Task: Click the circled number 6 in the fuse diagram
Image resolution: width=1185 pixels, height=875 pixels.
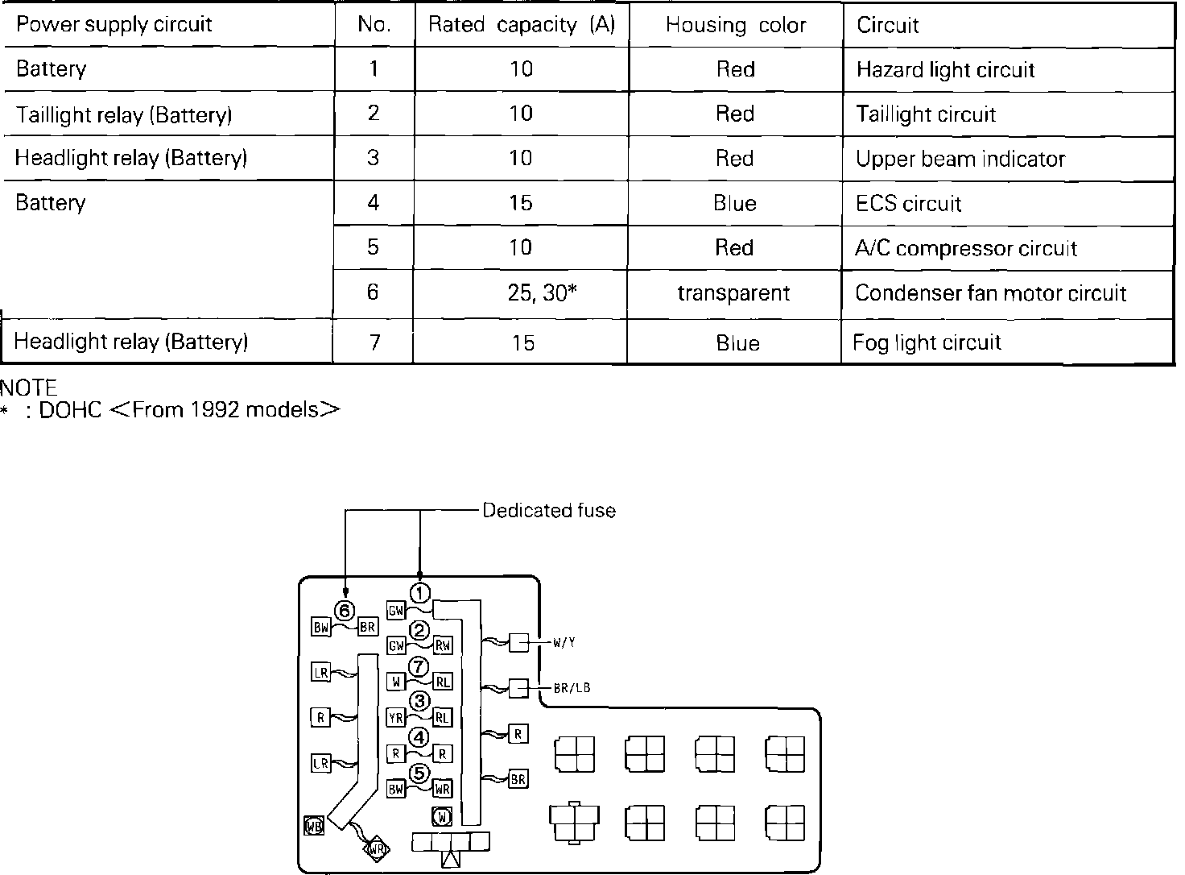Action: [x=345, y=610]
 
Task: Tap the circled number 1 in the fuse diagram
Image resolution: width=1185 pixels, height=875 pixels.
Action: [x=419, y=593]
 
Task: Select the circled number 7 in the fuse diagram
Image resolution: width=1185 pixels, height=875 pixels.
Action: [x=419, y=666]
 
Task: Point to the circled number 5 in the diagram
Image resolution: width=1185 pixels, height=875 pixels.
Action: [x=419, y=773]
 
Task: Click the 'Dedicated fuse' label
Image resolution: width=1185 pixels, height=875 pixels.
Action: [x=549, y=511]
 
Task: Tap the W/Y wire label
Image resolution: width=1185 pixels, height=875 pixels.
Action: [x=564, y=643]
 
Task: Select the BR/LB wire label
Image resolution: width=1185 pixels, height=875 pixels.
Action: [x=572, y=688]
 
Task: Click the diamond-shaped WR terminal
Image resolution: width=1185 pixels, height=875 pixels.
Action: [x=376, y=848]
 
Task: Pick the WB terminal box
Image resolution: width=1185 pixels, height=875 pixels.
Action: [x=313, y=826]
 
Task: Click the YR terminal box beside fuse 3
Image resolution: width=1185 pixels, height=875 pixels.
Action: [x=396, y=717]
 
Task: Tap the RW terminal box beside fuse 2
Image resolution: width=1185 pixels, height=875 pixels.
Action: [x=443, y=645]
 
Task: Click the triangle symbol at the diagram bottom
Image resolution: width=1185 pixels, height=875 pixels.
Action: [x=451, y=859]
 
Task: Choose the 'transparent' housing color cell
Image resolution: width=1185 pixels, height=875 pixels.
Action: [x=733, y=293]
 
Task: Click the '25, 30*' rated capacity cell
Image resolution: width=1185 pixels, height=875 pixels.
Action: [x=543, y=293]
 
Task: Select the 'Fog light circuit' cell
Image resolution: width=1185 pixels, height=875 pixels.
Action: [x=927, y=343]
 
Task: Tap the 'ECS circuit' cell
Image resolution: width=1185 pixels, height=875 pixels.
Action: [x=908, y=204]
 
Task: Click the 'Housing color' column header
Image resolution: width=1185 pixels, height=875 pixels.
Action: [x=736, y=26]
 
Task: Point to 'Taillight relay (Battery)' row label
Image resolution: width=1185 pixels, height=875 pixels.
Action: [x=124, y=114]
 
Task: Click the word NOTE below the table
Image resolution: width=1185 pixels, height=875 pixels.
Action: [x=29, y=389]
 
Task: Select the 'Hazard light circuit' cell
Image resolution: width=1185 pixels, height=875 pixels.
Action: [x=945, y=70]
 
